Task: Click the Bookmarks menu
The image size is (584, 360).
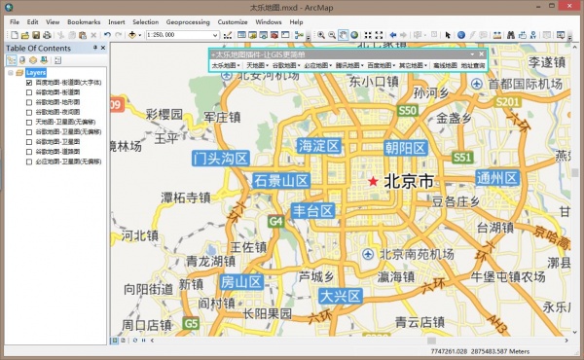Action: tap(84, 20)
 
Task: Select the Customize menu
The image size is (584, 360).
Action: tap(233, 20)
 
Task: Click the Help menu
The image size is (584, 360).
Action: tap(296, 20)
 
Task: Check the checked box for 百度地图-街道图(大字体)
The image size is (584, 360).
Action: tap(28, 83)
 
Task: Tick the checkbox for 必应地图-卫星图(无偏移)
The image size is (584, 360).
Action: tap(28, 160)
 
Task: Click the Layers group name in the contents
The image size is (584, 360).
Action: tap(36, 72)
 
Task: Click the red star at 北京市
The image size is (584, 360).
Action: tap(372, 182)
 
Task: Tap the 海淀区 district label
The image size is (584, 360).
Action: tap(319, 146)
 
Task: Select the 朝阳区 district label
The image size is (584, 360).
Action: tap(405, 148)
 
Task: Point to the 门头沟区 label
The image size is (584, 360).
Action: tap(221, 158)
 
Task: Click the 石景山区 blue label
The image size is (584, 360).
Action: tap(281, 180)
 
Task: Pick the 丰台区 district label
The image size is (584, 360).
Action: tap(313, 210)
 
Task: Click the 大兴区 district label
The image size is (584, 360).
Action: tap(341, 295)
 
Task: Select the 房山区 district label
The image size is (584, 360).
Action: tap(241, 282)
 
